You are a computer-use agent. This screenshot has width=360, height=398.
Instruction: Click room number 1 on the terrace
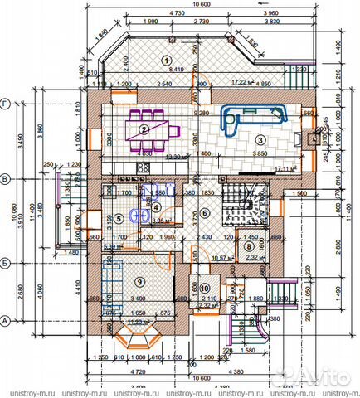[165, 60]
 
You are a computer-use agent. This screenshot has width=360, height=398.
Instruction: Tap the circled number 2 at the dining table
[144, 129]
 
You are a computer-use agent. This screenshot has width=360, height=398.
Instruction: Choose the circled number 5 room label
[119, 219]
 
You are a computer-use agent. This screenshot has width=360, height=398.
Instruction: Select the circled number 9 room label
[139, 279]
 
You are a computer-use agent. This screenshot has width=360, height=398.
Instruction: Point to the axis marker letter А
[6, 319]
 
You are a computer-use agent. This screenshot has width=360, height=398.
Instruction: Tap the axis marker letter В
[6, 177]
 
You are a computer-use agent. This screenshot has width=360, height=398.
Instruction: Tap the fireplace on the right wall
[311, 138]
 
